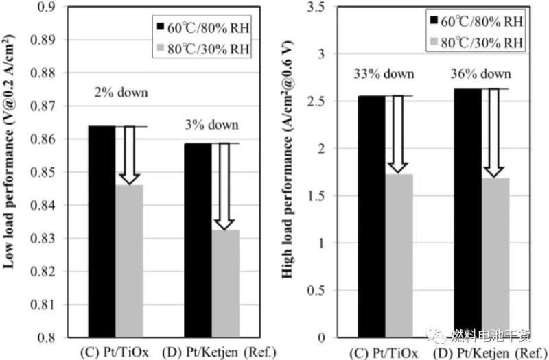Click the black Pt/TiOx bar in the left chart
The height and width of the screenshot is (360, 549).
pyautogui.click(x=101, y=231)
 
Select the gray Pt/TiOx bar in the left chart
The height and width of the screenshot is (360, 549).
pyautogui.click(x=128, y=261)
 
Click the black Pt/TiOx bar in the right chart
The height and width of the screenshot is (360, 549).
pyautogui.click(x=373, y=216)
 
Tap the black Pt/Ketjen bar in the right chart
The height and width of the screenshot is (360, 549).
pyautogui.click(x=468, y=213)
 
